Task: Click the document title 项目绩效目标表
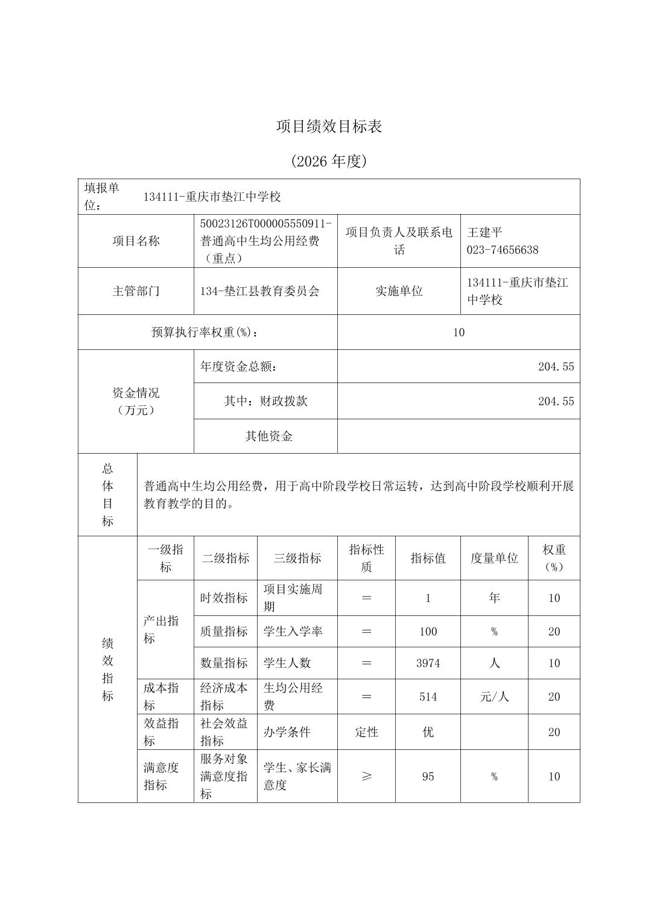(x=329, y=127)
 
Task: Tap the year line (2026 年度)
(x=329, y=162)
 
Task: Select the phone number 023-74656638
(x=502, y=250)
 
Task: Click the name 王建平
(x=484, y=233)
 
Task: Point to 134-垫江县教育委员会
(x=260, y=291)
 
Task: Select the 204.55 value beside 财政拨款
(x=556, y=402)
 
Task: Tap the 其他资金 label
(x=268, y=436)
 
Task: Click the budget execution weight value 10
(x=459, y=332)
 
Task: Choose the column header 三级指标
(x=297, y=559)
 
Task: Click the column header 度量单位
(x=494, y=559)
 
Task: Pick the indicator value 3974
(x=428, y=664)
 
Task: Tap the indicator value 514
(x=428, y=697)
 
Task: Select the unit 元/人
(x=494, y=697)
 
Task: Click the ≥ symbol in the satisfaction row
(x=366, y=776)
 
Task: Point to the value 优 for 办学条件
(x=428, y=732)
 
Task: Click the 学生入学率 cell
(x=293, y=632)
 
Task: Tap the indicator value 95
(x=428, y=776)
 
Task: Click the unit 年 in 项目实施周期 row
(x=494, y=598)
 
